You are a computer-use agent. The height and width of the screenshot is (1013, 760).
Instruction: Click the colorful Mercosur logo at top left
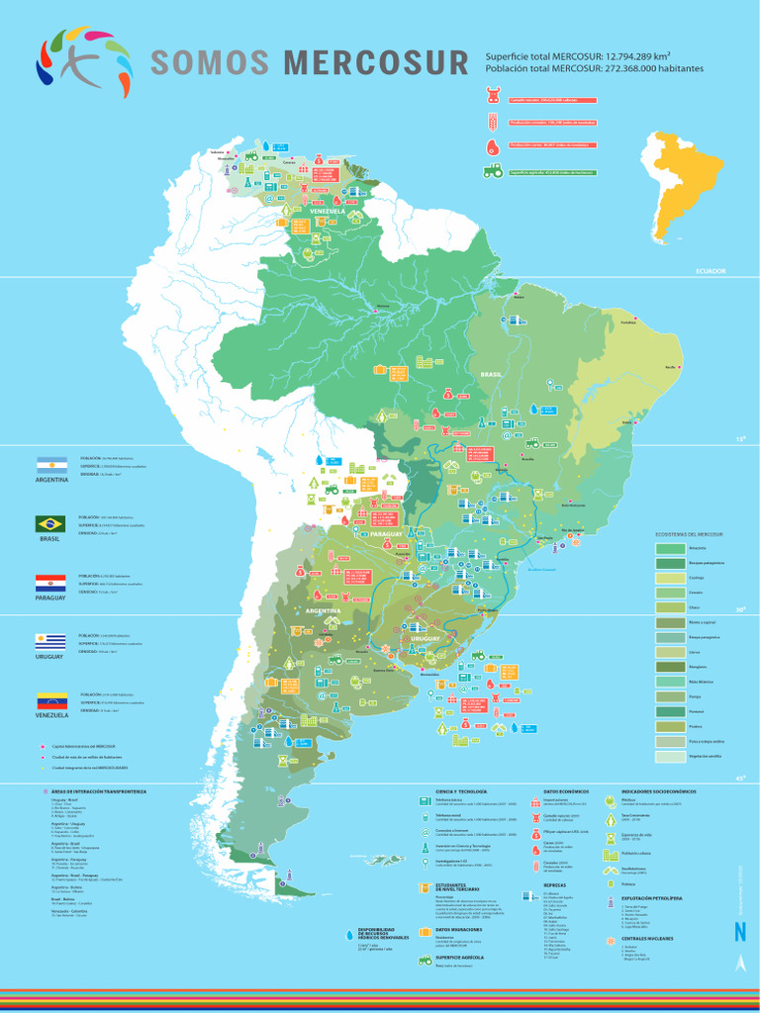tap(83, 61)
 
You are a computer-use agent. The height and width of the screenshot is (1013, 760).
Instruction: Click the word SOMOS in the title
tap(210, 63)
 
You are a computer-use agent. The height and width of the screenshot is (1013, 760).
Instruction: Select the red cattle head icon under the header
tap(492, 98)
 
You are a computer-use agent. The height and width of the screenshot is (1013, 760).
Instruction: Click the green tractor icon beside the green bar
tap(492, 170)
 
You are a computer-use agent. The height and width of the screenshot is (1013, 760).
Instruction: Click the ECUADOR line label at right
tap(711, 271)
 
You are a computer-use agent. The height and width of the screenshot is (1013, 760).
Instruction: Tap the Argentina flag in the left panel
tap(50, 464)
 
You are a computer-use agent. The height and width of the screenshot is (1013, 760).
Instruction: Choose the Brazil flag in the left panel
tap(50, 522)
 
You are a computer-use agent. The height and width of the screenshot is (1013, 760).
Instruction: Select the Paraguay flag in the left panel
tap(50, 582)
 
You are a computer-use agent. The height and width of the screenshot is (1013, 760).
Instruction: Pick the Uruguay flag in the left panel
tap(50, 641)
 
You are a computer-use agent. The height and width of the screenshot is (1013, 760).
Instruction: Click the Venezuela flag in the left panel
tap(50, 699)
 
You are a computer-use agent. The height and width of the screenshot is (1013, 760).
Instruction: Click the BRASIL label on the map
tap(492, 375)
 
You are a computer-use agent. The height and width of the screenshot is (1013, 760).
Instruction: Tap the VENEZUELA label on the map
tap(327, 212)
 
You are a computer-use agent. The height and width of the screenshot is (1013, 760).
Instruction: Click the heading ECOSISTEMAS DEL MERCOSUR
tap(690, 534)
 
